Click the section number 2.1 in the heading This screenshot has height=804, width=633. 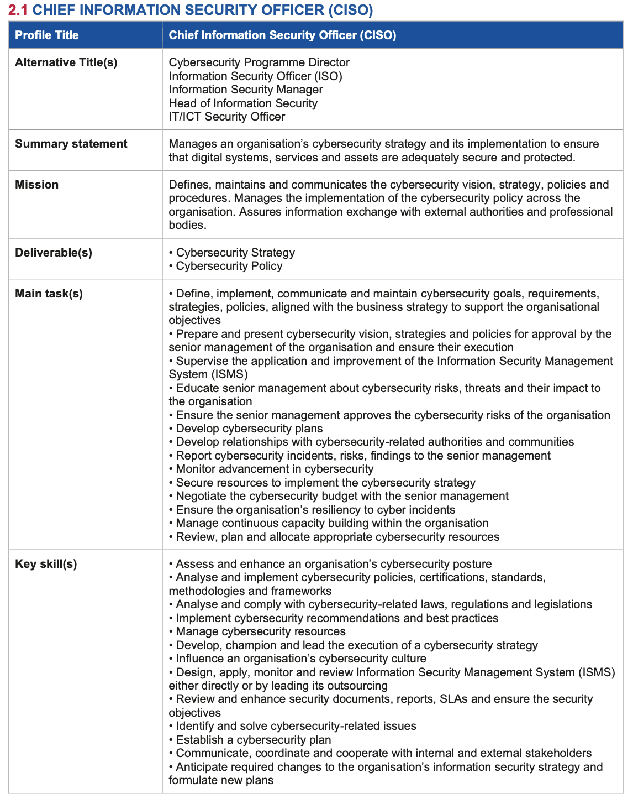(18, 10)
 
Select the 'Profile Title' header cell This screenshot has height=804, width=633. (47, 35)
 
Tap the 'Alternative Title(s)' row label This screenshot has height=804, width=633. (66, 62)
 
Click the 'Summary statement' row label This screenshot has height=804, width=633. (71, 144)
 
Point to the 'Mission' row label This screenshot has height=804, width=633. (37, 185)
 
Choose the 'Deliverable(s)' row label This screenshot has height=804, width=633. (54, 253)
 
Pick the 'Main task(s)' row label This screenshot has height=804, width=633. (49, 294)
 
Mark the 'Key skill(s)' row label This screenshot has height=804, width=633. (46, 564)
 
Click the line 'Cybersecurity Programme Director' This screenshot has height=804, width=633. (259, 62)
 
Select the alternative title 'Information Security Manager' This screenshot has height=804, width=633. (246, 90)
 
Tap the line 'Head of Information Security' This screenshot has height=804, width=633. (243, 103)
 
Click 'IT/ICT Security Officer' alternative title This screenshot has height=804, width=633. (227, 117)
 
